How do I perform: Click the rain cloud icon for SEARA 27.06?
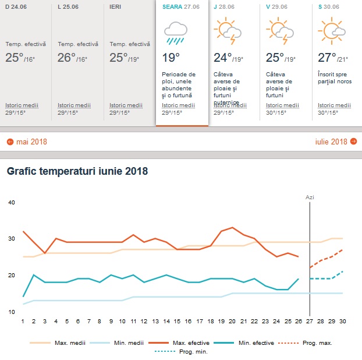175,33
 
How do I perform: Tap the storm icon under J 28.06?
228,31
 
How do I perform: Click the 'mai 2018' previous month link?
27,142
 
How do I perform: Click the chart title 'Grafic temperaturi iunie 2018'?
77,171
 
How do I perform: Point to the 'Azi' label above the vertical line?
310,197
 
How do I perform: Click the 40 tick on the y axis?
10,202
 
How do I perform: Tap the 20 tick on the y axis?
10,275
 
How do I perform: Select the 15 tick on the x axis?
178,321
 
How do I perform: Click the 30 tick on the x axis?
343,321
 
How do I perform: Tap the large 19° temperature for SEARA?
171,58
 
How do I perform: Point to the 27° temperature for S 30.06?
327,58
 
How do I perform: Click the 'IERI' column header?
115,7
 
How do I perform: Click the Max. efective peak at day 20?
233,227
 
